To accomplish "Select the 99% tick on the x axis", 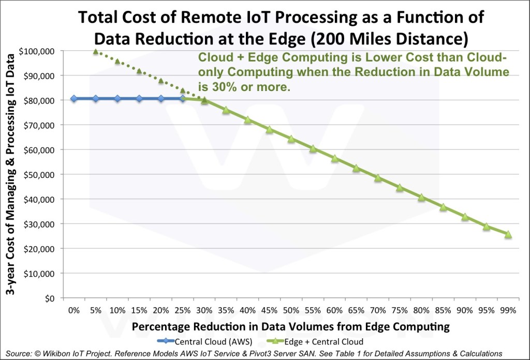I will click(x=508, y=310).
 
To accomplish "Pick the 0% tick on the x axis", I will click(x=74, y=310).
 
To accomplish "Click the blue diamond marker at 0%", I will click(x=74, y=98).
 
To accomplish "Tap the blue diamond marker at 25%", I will click(x=183, y=98).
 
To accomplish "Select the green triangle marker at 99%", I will click(x=508, y=235).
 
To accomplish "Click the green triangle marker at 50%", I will click(x=291, y=139).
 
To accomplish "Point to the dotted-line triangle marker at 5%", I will click(x=96, y=51).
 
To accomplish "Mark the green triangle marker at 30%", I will click(x=204, y=101).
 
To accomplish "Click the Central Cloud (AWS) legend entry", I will click(x=205, y=341).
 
